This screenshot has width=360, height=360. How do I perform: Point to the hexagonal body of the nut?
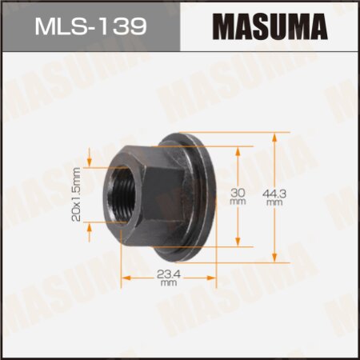(x=144, y=192)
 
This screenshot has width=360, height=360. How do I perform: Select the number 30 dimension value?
(x=238, y=191)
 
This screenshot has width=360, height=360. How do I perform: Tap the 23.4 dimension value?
(x=167, y=275)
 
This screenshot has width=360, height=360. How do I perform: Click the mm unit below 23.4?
(x=167, y=284)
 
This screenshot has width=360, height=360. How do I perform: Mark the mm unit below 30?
(x=238, y=203)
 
